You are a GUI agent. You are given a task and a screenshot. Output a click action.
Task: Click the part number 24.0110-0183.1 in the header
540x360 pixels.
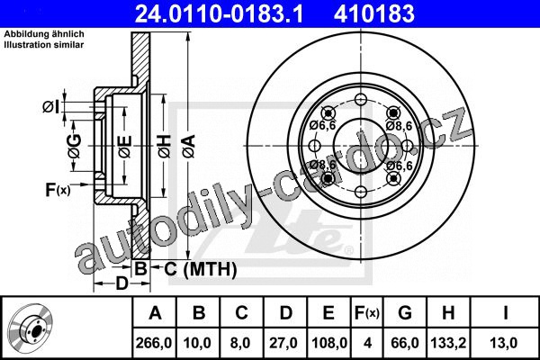point(219,13)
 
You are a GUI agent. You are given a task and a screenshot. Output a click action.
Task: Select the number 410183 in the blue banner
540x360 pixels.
point(374,13)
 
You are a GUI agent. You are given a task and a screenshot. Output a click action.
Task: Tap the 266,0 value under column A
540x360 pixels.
point(154,343)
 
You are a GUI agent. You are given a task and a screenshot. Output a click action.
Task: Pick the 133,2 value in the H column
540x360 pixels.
point(448,343)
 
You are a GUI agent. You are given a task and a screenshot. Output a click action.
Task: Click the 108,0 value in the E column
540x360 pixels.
point(329,343)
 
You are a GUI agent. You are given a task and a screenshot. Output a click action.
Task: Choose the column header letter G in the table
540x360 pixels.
point(405,313)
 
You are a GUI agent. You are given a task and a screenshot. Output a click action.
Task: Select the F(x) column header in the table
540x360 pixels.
point(367,313)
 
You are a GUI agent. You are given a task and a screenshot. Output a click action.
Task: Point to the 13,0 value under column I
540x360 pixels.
point(505,343)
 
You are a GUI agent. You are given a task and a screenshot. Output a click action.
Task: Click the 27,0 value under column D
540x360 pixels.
point(283,343)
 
